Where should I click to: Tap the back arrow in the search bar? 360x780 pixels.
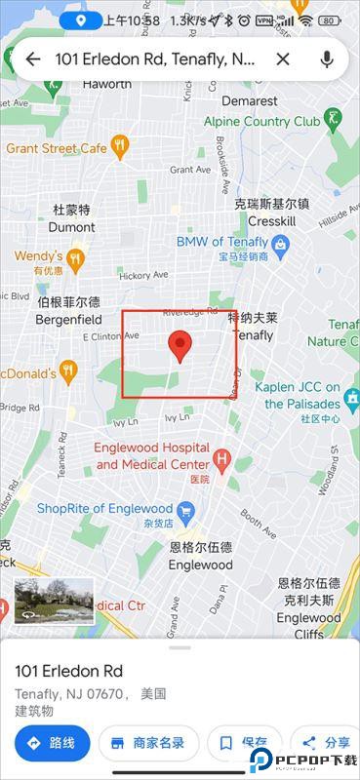32,59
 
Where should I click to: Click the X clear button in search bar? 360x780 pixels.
283,59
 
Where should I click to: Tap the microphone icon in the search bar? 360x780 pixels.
327,59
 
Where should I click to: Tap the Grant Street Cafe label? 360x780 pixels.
56,148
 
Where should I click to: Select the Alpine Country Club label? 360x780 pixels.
261,122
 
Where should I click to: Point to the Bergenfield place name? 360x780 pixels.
68,319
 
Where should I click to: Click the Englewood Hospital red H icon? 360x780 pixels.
223,457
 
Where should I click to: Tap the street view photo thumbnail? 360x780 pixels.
55,601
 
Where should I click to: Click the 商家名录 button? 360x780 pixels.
148,743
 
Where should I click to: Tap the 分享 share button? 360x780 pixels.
326,743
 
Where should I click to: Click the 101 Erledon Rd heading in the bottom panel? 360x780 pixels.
68,671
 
